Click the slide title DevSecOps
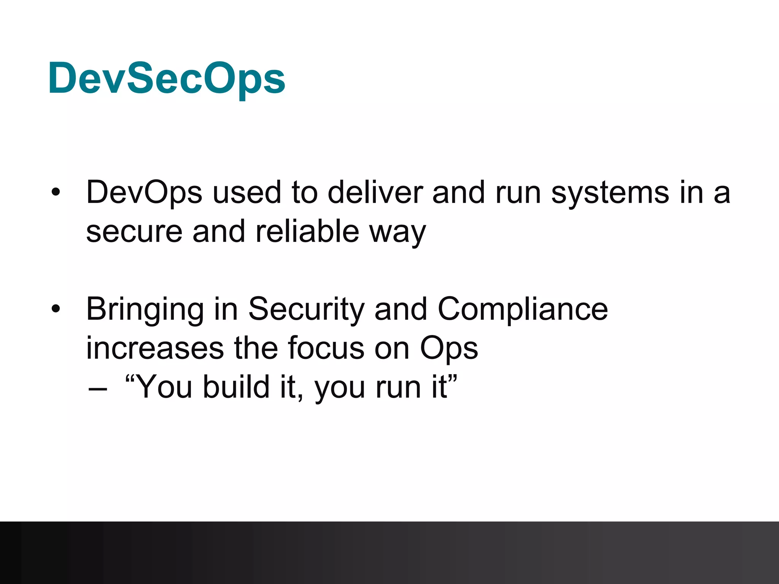166,79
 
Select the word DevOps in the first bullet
144,193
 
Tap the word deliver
375,193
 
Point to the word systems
610,193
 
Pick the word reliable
307,231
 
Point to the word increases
155,348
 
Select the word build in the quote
236,387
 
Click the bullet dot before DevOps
56,192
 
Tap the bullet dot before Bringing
56,309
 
